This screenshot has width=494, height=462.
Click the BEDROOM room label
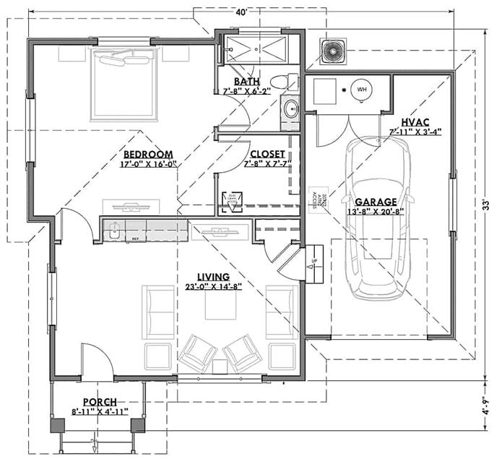click(x=147, y=154)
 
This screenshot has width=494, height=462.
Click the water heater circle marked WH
click(x=363, y=90)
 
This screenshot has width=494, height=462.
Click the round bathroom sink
click(x=291, y=110)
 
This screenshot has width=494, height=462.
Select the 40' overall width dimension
click(x=241, y=12)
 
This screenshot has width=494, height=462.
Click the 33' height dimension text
click(x=486, y=202)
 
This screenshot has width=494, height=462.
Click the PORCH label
click(x=100, y=402)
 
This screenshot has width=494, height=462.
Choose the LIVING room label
click(x=212, y=277)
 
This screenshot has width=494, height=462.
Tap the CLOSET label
click(x=267, y=154)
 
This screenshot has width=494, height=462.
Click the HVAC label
click(x=415, y=123)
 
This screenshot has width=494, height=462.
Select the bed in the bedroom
click(x=123, y=83)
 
